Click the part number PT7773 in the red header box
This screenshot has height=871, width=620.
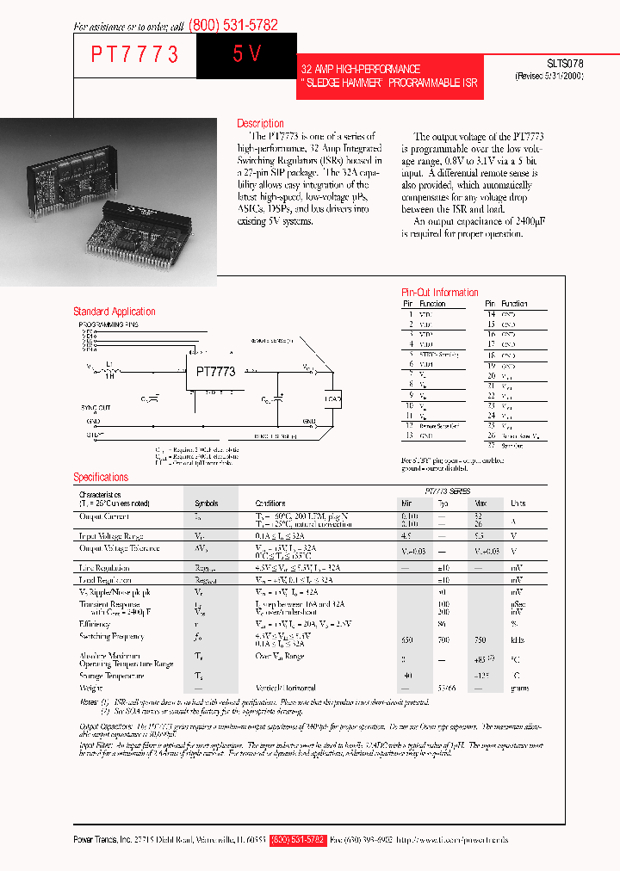tap(135, 55)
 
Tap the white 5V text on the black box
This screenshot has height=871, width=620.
tap(246, 54)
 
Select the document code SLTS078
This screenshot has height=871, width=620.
tap(565, 64)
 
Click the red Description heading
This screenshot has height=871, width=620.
tap(260, 123)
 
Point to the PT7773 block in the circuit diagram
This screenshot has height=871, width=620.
tap(215, 372)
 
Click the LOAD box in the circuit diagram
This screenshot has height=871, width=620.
tap(332, 398)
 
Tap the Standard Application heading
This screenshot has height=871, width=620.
tap(115, 312)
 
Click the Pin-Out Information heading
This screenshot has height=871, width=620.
tap(440, 293)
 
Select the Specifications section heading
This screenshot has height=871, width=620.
tap(101, 477)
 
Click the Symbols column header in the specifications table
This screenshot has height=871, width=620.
tap(206, 503)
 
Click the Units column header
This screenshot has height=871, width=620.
tap(518, 503)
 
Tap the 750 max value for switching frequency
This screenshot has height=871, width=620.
tap(480, 640)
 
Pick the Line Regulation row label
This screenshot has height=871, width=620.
tap(105, 568)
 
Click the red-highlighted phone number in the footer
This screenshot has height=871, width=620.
tap(298, 840)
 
